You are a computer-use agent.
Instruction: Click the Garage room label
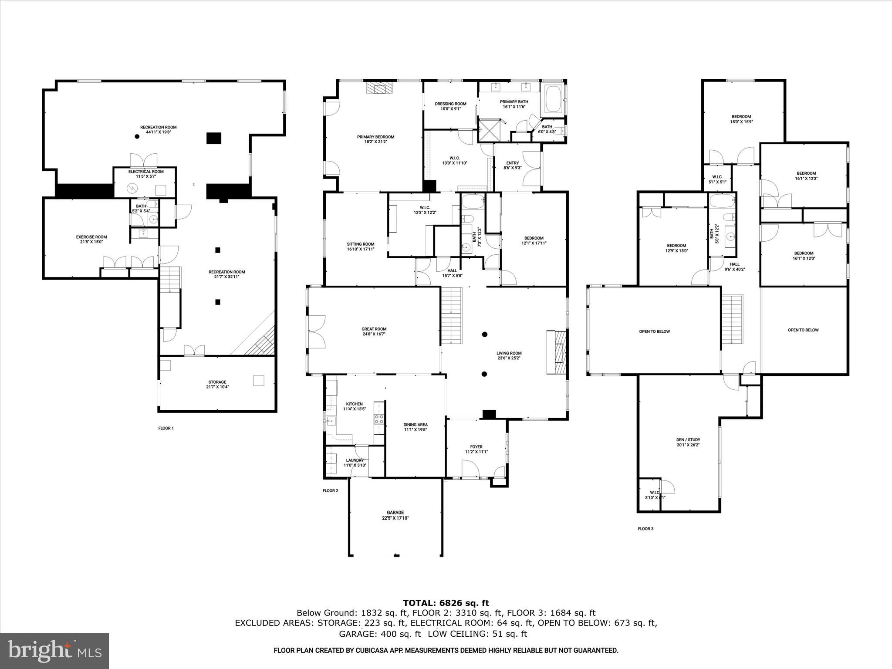click(x=395, y=515)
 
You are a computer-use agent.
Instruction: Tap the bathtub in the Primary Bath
click(x=552, y=101)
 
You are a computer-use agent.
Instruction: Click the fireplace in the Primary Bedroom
click(x=379, y=88)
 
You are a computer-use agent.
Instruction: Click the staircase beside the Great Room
click(x=452, y=314)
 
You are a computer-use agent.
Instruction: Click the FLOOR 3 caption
click(x=645, y=529)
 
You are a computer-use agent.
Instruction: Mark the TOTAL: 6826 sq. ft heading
click(x=446, y=603)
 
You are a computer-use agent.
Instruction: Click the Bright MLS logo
click(x=54, y=651)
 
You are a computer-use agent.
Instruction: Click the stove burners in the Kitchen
click(x=379, y=419)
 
